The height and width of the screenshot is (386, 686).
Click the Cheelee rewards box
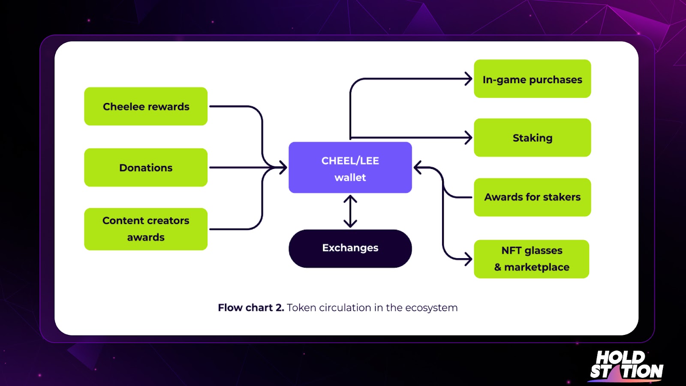point(146,106)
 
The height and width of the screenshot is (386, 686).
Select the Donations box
point(146,167)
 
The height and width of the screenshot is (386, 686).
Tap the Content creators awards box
point(146,229)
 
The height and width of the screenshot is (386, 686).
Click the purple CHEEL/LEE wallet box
point(350,167)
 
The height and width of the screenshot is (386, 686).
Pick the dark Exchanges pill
point(350,248)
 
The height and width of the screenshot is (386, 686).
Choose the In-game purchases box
point(532,79)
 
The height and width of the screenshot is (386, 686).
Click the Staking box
point(532,138)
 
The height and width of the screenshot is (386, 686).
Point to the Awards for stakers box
point(532,197)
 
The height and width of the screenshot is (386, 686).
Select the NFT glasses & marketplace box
point(532,259)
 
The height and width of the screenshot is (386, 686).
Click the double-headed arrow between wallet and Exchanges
point(350,211)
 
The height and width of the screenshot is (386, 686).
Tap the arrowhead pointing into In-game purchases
point(469,79)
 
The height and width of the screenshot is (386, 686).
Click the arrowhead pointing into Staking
point(469,138)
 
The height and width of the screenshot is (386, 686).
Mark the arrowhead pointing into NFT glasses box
point(469,259)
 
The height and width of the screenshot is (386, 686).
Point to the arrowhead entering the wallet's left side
point(283,167)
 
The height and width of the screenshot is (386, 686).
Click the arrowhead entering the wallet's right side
point(418,168)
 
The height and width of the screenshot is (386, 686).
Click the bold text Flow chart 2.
point(251,308)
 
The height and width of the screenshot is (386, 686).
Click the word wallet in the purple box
point(350,178)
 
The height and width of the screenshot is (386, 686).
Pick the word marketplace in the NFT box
point(537,267)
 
